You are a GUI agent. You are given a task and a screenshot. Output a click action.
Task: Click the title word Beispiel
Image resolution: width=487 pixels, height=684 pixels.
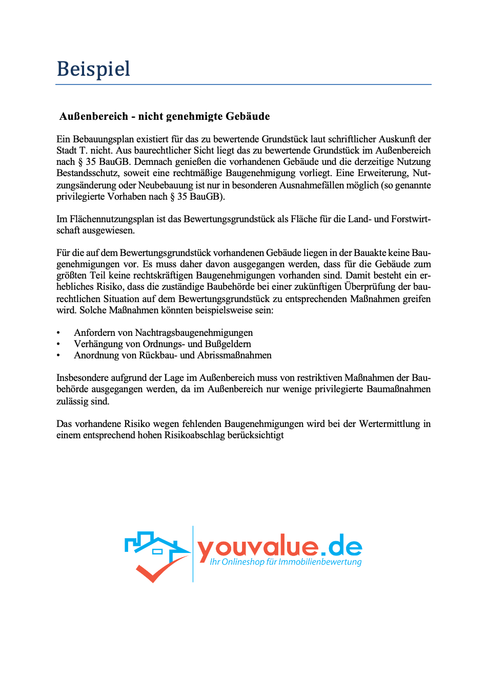coord(93,69)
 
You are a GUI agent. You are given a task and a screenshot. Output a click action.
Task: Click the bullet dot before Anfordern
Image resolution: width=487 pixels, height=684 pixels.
coord(58,333)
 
